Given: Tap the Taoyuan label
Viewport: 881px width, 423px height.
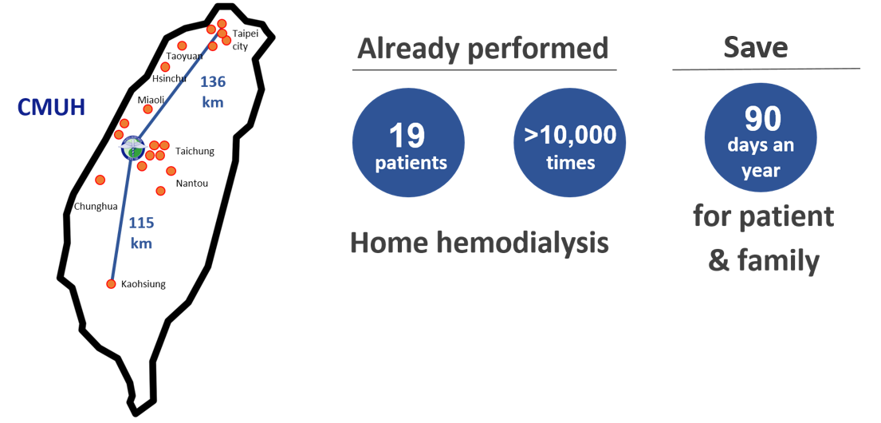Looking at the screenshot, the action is [184, 56].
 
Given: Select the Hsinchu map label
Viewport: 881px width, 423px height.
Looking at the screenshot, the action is [169, 79].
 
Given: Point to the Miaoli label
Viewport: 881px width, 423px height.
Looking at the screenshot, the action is [151, 100].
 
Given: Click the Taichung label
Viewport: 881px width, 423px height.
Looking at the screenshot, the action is [195, 151].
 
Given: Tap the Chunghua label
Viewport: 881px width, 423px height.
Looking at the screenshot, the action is [96, 207].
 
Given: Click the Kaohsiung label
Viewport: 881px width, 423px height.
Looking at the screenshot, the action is [144, 284].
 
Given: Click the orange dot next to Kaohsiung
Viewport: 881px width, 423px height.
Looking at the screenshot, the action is [112, 284].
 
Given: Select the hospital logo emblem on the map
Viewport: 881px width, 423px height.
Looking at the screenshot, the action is [132, 148].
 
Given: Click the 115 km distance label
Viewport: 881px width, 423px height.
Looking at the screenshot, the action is [142, 233].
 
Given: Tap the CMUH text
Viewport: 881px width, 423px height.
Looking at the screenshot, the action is [51, 108].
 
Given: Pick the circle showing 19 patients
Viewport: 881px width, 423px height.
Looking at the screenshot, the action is [408, 142].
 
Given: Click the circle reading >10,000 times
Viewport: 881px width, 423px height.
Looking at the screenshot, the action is [570, 142].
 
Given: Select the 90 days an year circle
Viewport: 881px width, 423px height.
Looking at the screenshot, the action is [761, 140].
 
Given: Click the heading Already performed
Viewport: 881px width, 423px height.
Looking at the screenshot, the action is [483, 49].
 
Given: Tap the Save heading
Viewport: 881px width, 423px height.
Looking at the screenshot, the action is [755, 48].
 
